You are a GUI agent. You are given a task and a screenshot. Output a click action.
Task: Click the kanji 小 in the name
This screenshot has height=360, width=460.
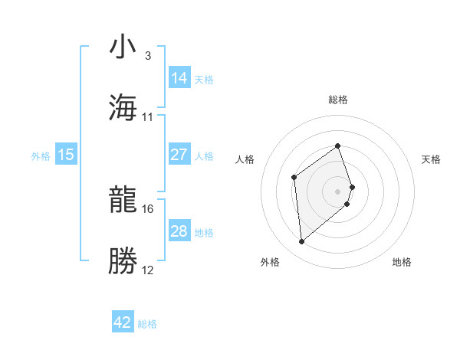[x=123, y=47]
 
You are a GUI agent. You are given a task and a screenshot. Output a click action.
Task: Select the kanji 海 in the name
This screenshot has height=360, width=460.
[x=123, y=107]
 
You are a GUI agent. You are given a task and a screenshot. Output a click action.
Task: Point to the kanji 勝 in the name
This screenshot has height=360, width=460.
[x=123, y=261]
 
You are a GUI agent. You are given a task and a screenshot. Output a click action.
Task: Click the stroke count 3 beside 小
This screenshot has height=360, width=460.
[x=148, y=56]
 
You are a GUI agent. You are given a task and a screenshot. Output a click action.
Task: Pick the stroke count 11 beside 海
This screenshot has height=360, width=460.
[x=148, y=116]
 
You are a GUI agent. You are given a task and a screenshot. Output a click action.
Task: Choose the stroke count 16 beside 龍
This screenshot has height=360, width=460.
[x=148, y=208]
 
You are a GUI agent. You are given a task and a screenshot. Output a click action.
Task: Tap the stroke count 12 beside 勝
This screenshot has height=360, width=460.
[x=148, y=270]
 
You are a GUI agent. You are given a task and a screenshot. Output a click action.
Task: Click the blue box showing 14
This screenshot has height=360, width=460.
[x=179, y=78]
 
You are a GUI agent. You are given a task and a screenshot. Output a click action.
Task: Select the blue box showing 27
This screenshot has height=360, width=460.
[x=179, y=155]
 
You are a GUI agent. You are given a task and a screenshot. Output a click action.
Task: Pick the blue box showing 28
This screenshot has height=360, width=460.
[x=179, y=231]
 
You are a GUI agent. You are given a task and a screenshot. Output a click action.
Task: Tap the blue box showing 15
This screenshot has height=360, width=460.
[x=66, y=155]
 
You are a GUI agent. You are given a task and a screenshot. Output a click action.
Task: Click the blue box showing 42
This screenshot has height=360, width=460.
[x=123, y=322]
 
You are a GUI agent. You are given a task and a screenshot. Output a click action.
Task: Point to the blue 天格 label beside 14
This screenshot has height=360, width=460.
[x=204, y=80]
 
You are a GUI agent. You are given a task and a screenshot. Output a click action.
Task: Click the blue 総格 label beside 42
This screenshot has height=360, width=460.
[x=147, y=324]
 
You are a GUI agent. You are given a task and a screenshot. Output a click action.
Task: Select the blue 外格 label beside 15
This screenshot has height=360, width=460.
[x=41, y=156]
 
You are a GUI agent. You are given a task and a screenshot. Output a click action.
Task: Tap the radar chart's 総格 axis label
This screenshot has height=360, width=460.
[x=338, y=100]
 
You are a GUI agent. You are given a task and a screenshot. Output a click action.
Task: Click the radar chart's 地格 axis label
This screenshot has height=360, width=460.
[x=402, y=263]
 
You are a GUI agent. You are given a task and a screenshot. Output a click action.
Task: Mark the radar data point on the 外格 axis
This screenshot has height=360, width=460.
[x=301, y=242]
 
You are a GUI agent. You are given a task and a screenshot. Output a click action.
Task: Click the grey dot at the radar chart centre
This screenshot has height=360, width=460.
[x=338, y=190]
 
